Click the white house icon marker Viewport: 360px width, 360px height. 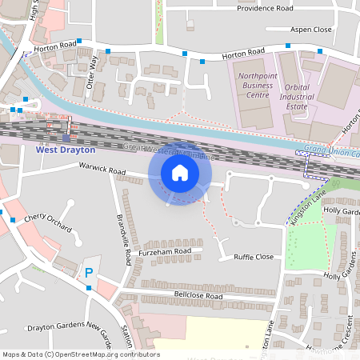point(180,173)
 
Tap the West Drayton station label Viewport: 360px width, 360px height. point(66,150)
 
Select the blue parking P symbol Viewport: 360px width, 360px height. point(88,273)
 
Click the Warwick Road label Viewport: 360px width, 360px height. point(102,170)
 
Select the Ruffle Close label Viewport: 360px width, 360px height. point(254,257)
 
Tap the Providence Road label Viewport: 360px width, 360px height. point(264,8)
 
